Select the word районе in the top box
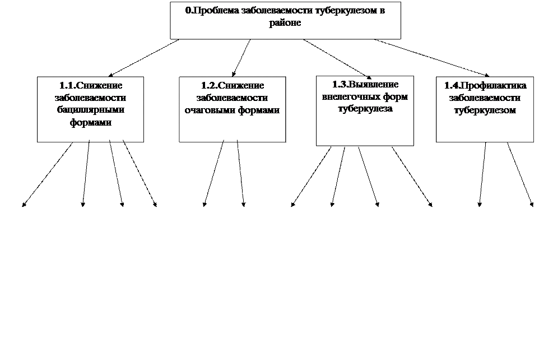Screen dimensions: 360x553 tap(285, 23)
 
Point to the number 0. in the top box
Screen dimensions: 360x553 tap(189, 11)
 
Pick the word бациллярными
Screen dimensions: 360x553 tap(91, 110)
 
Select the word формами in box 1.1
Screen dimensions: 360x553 tap(91, 122)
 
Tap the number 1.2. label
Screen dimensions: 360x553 tap(209, 85)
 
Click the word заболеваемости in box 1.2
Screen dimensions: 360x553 tap(232, 98)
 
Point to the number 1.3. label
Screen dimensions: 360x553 tap(340, 84)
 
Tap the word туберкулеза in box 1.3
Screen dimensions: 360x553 tap(365, 109)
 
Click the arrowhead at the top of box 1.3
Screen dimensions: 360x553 tap(369, 76)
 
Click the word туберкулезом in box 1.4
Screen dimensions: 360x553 tap(485, 110)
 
